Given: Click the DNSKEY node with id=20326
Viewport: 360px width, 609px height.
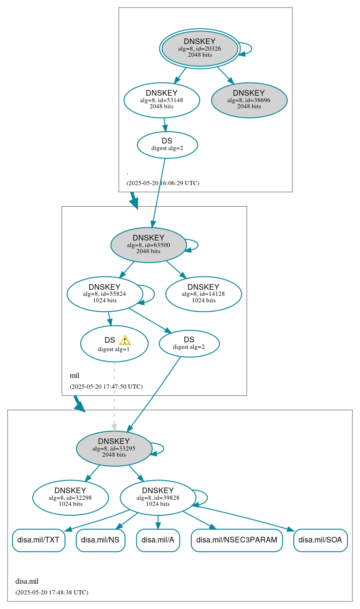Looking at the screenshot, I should [200, 48].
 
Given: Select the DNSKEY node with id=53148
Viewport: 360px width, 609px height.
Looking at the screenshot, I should [162, 100].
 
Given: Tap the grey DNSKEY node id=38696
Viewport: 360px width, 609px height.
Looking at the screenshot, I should [249, 100].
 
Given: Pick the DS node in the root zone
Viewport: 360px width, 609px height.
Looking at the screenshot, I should [167, 144].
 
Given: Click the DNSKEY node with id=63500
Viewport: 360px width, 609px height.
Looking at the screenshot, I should [148, 245].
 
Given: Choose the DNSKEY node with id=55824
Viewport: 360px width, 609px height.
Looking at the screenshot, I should [105, 294].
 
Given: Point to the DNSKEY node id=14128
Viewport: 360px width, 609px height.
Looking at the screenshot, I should [203, 294].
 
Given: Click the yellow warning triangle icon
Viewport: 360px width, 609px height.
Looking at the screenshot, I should [125, 340].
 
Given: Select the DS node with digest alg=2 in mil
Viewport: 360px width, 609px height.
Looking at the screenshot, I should [189, 343].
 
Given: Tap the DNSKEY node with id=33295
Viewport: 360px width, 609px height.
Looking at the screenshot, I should [114, 448].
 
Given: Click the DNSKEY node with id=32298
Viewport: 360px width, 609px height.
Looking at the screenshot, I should [70, 497].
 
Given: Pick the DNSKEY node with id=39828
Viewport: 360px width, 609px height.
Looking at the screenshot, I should [157, 497].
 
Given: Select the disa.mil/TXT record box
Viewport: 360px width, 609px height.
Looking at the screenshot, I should [38, 540].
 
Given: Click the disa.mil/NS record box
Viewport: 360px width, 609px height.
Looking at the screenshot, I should [100, 540].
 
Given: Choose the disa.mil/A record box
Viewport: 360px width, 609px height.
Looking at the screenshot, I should [158, 540].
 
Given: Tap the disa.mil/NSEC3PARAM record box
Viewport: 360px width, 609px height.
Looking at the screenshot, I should [237, 540].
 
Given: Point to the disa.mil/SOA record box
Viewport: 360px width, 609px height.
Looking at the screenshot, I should [320, 540].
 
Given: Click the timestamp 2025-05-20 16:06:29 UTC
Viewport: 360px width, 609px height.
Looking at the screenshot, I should [163, 183].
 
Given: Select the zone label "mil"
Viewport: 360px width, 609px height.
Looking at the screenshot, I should [75, 376].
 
